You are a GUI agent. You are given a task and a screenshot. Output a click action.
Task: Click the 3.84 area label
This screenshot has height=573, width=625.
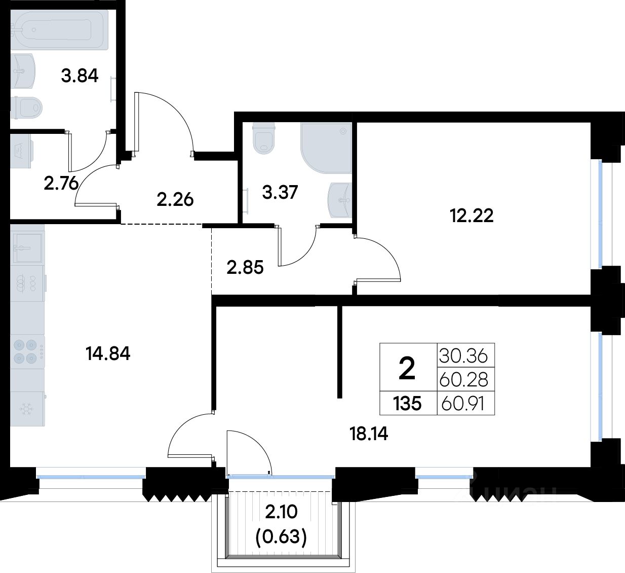pyautogui.click(x=80, y=76)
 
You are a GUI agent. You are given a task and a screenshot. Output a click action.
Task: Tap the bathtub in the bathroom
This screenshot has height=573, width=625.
pyautogui.click(x=59, y=29)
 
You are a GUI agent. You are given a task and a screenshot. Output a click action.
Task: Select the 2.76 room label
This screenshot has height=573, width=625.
pyautogui.click(x=61, y=184)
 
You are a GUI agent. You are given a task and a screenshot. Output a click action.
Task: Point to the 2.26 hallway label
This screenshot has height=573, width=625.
pyautogui.click(x=175, y=200)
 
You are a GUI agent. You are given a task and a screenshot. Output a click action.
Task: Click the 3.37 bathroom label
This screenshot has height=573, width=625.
pyautogui.click(x=280, y=192)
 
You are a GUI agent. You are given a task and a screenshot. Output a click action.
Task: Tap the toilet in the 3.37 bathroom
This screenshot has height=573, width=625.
pyautogui.click(x=264, y=138)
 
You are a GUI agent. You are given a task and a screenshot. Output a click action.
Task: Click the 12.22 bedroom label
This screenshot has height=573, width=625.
pyautogui.click(x=472, y=216)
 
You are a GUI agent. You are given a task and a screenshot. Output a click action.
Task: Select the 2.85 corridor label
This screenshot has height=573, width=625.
pyautogui.click(x=245, y=267)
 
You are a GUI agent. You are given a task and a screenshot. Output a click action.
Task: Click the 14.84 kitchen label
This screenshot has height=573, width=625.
pyautogui.click(x=108, y=354)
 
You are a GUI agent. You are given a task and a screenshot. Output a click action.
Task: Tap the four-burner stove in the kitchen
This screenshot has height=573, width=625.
pyautogui.click(x=27, y=352)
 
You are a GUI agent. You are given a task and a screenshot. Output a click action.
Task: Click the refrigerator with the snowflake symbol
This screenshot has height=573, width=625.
pyautogui.click(x=27, y=409)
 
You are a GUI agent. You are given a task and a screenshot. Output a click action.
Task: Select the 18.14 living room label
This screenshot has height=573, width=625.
pyautogui.click(x=369, y=434)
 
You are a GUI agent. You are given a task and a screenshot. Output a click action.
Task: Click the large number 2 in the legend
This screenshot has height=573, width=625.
pyautogui.click(x=407, y=369)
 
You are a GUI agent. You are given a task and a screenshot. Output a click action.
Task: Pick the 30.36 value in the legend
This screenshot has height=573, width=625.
pyautogui.click(x=463, y=356)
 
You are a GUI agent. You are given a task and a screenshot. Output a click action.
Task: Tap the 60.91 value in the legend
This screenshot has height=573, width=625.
pyautogui.click(x=463, y=404)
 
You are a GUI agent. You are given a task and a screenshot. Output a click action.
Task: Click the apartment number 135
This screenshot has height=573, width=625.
pyautogui.click(x=407, y=404)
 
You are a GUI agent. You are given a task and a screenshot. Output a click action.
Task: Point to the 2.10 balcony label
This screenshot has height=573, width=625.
pyautogui.click(x=281, y=512)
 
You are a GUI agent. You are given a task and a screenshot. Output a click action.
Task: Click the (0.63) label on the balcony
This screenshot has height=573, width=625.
pyautogui.click(x=281, y=538)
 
